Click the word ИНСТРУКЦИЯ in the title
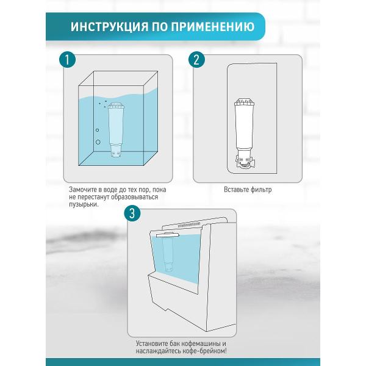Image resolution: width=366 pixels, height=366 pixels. tap(107, 27)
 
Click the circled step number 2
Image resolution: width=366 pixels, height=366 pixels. tap(196, 60)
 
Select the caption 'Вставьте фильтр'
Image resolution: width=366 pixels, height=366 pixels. tap(248, 190)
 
